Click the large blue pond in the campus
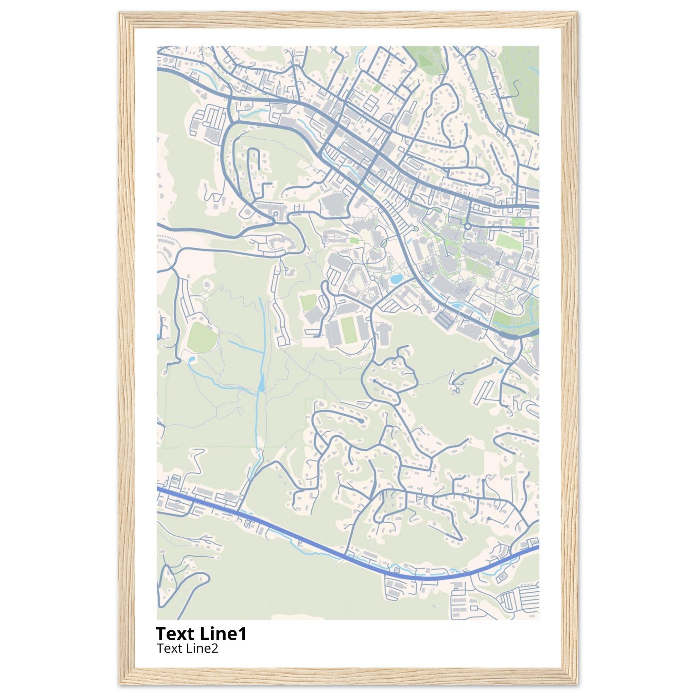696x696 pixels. [396, 278]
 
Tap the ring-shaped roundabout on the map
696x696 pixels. [467, 226]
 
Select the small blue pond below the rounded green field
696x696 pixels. [191, 359]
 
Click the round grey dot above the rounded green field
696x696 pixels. [207, 285]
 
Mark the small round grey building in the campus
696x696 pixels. [498, 263]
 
